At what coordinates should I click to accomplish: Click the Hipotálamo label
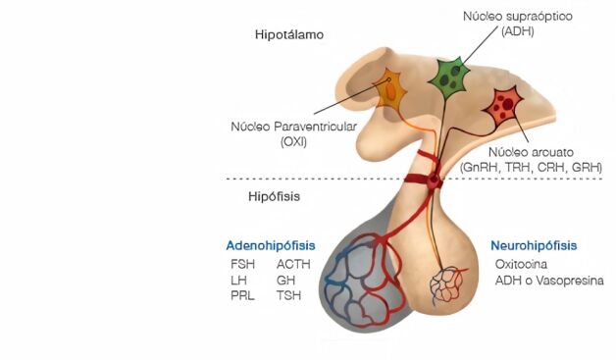289,34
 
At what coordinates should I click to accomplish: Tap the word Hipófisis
274,196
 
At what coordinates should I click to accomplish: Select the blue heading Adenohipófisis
271,245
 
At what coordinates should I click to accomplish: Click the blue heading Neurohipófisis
534,245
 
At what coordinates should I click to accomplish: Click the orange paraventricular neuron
390,90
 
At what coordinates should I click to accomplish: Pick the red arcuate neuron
503,106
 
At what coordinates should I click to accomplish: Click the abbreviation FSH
243,264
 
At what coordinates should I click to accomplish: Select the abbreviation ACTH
293,264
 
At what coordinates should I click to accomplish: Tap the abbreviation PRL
243,295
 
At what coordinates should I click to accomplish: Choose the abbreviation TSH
288,295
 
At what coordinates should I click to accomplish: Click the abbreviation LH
239,280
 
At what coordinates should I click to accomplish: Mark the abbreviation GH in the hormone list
285,280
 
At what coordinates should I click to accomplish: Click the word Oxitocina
521,264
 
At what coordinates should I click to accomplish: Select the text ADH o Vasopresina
549,281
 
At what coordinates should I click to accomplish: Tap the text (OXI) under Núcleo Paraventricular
294,142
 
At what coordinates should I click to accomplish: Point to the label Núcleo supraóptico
518,17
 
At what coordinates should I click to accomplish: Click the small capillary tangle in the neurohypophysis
448,283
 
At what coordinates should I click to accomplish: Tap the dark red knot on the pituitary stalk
434,181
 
